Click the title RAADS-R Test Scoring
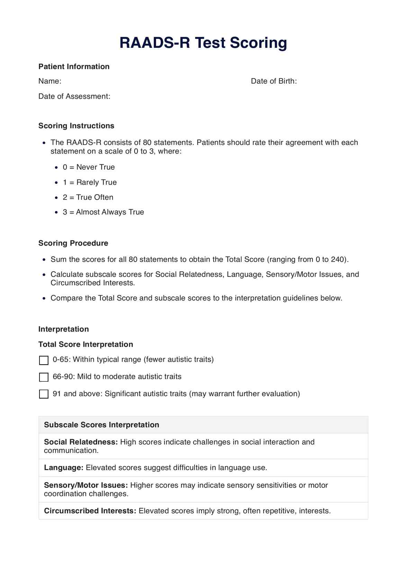203,43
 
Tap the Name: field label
50,81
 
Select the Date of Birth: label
274,81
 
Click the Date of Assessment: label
74,96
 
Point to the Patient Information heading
74,67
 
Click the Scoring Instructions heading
76,126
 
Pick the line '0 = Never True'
89,167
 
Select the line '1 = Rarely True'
90,182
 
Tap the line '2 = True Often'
88,197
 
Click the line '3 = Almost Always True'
103,212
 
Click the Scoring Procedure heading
73,243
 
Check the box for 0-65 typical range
44,360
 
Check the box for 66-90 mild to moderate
44,377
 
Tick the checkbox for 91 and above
44,394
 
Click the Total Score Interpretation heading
85,345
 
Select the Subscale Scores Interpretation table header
101,425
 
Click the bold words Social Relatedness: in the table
81,442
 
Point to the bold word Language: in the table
64,468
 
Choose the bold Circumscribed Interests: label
90,511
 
